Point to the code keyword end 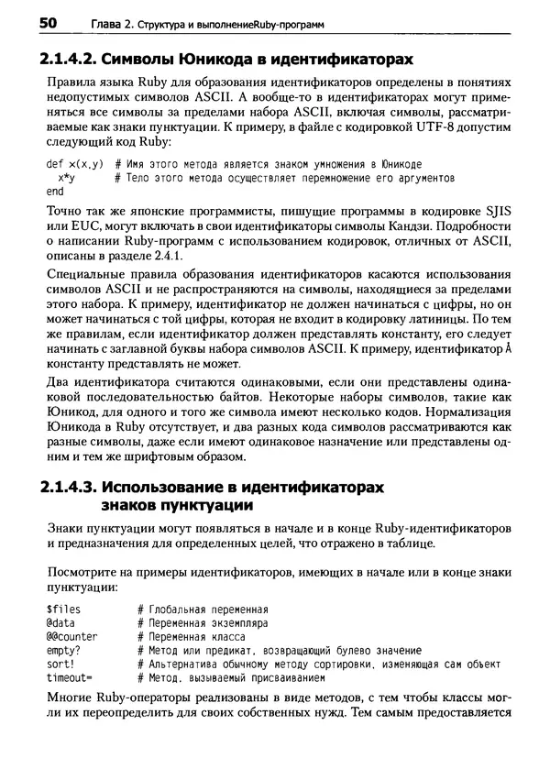click(x=54, y=192)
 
